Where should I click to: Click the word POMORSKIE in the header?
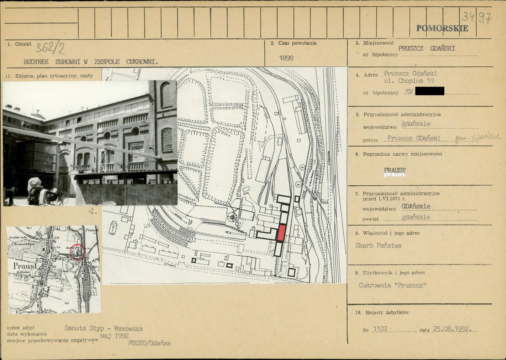point(442,28)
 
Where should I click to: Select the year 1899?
point(286,58)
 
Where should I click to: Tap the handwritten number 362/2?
point(50,49)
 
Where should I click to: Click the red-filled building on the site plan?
point(281,233)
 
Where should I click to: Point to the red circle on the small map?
point(77,252)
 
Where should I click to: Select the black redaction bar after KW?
point(430,91)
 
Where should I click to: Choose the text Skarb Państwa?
point(378,246)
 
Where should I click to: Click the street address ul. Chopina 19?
point(409,81)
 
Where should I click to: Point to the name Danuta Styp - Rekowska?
point(103,328)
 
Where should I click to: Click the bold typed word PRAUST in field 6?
point(394,170)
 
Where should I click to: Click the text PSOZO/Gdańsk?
point(150,343)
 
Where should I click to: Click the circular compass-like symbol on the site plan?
point(232,217)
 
